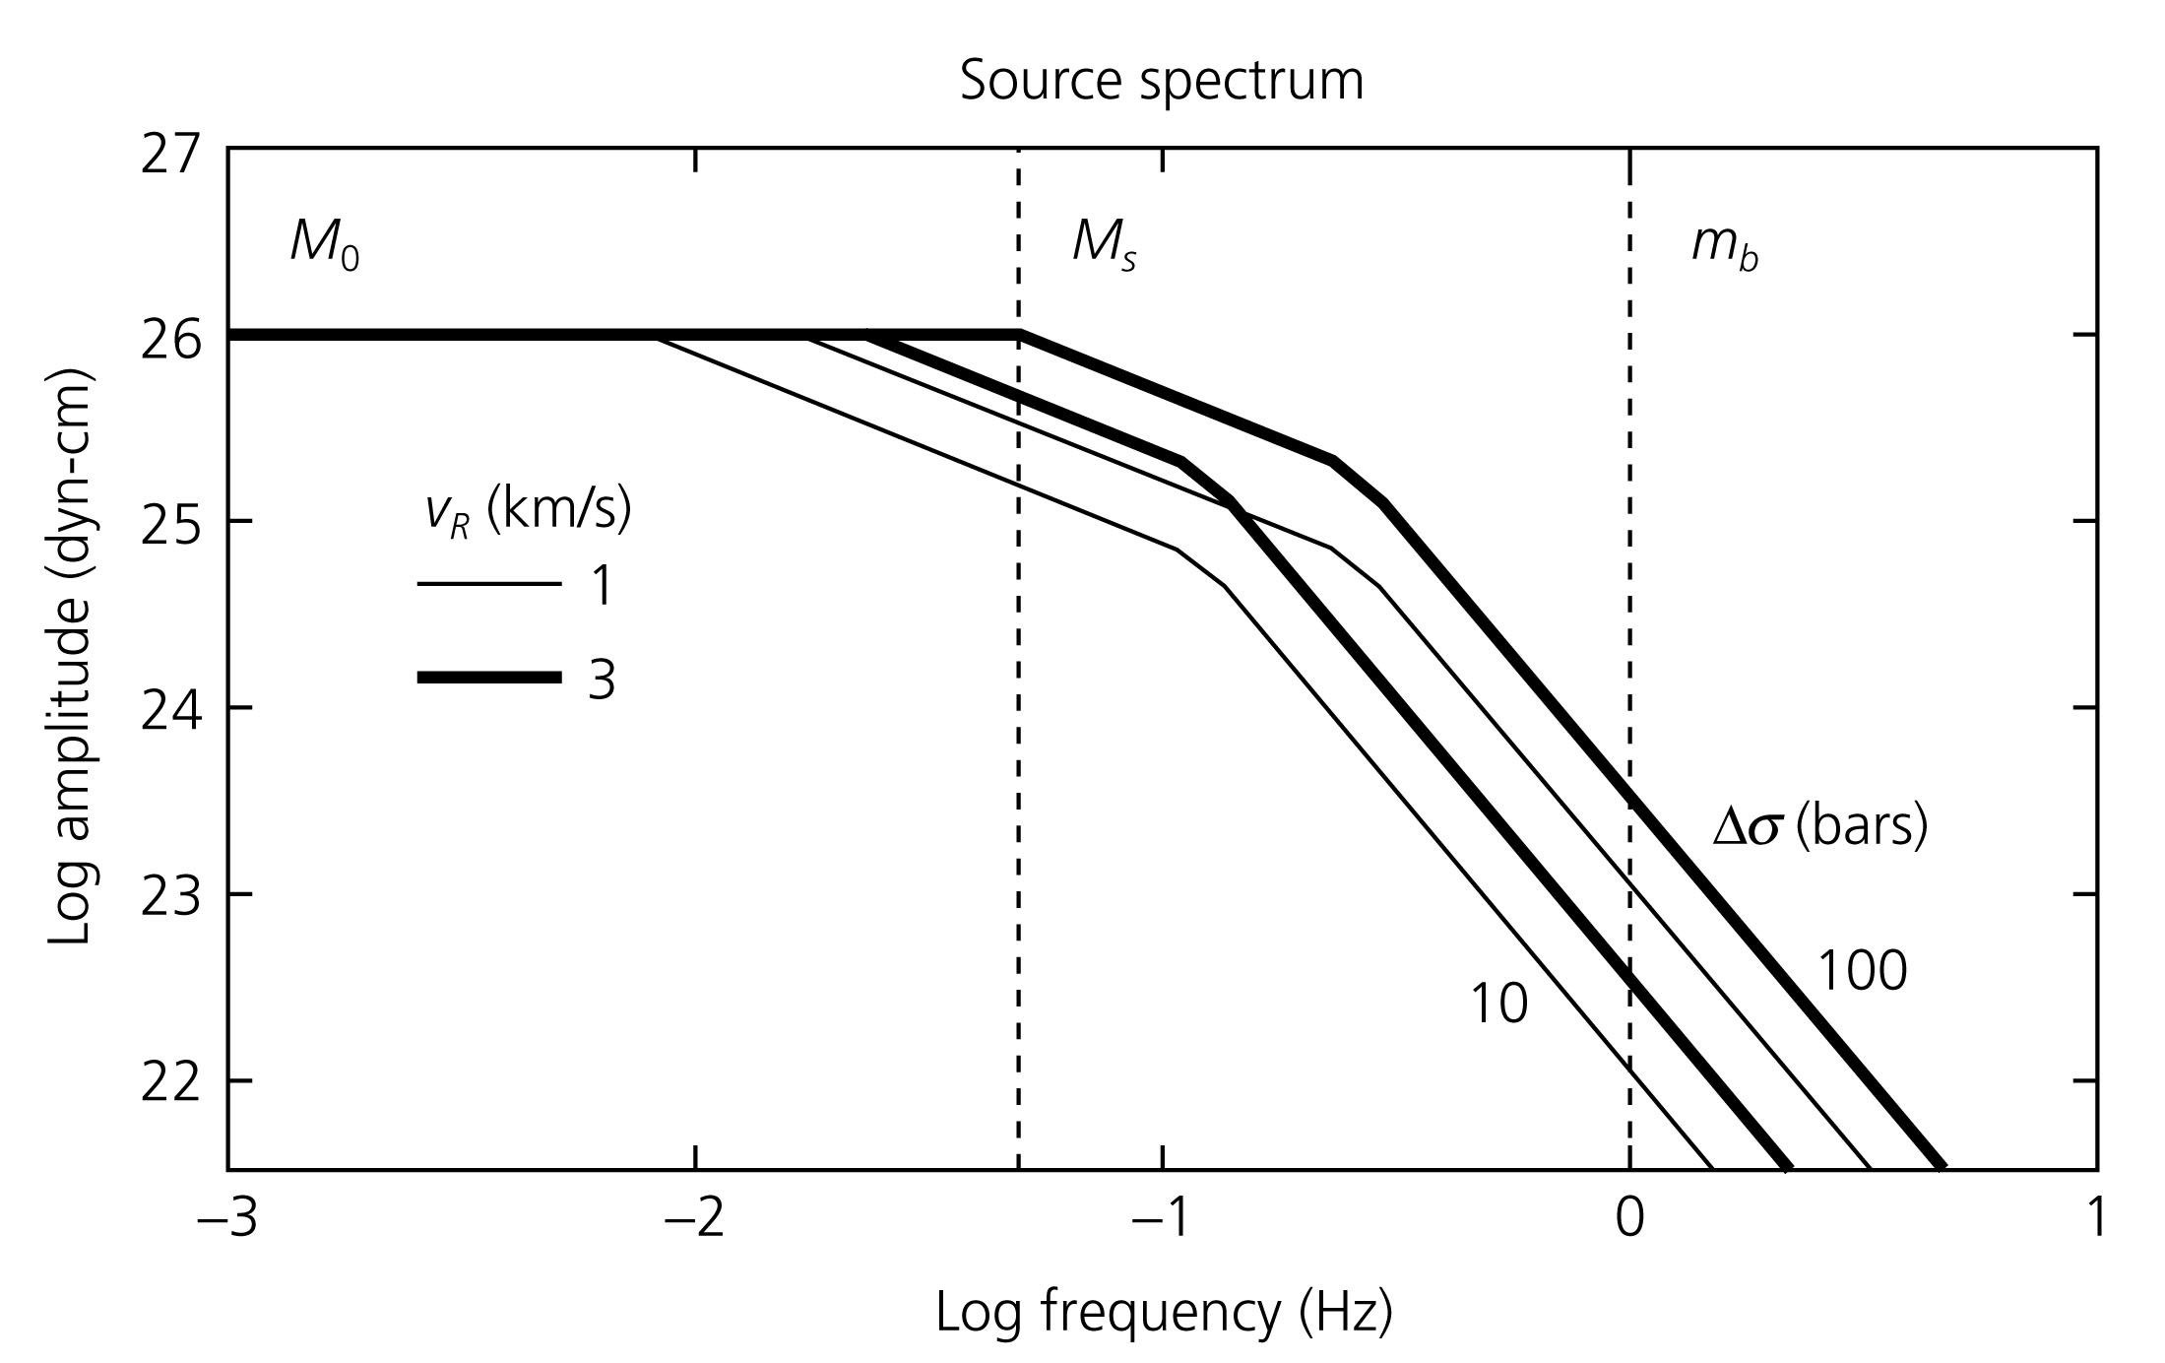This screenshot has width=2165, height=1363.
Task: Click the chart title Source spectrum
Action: [1162, 81]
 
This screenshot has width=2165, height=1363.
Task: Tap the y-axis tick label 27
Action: [169, 156]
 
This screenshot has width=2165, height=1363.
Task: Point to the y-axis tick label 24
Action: [169, 711]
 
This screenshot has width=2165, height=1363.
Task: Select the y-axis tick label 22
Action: [169, 1084]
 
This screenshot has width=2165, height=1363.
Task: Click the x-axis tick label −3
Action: [227, 1218]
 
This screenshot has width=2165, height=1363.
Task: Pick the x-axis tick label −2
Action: [695, 1218]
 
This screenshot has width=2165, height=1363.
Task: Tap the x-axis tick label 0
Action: [1630, 1218]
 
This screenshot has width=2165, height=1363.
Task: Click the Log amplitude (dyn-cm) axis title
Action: [70, 658]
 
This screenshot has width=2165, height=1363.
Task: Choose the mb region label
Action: [1724, 246]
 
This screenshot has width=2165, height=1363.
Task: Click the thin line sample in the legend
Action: [489, 585]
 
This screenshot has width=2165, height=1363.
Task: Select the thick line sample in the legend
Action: [489, 678]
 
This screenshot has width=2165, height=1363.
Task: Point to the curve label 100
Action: [1862, 971]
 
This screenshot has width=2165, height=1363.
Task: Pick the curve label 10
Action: [1498, 1005]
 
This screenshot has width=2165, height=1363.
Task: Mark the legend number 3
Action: [602, 681]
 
